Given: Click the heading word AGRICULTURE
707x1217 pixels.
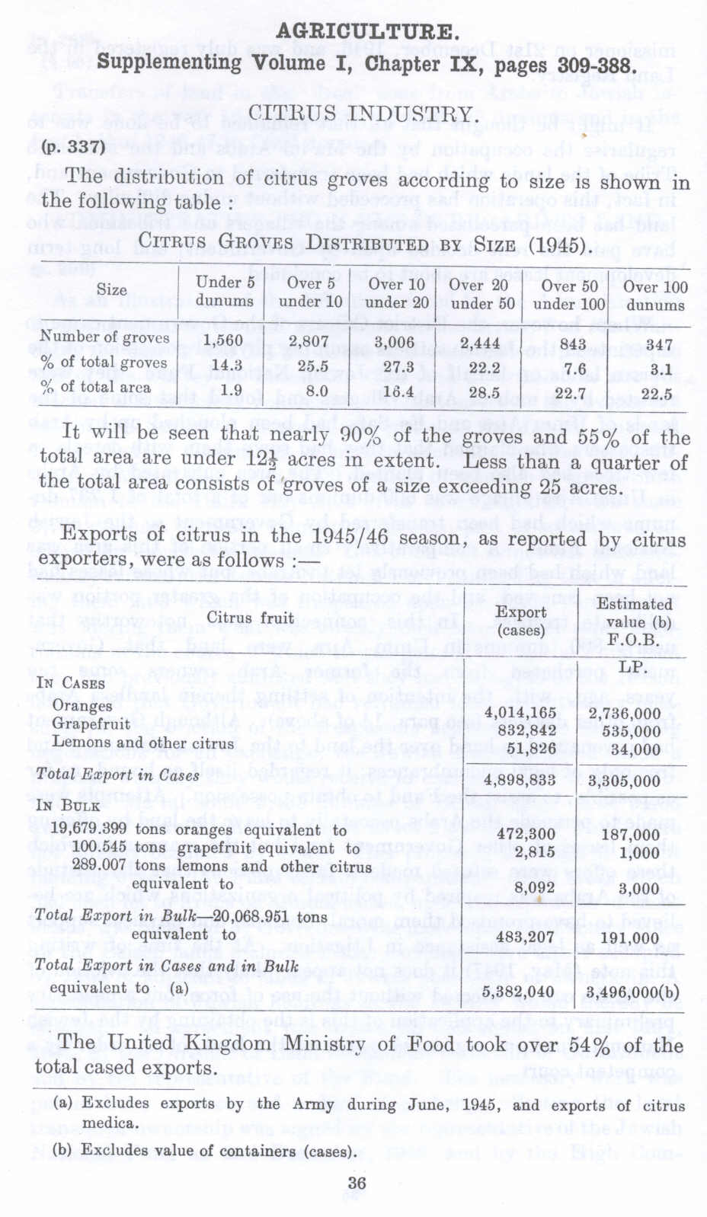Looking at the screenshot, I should point(367,32).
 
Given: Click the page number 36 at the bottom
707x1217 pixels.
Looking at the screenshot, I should point(357,1183).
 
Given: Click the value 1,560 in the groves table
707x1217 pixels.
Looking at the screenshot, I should point(223,340).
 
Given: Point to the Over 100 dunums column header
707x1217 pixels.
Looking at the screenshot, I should point(655,295).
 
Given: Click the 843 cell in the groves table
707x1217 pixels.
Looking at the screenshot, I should point(574,344).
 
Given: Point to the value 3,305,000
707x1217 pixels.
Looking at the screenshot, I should point(625,781).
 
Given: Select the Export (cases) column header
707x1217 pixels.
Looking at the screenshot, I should point(521,621).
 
